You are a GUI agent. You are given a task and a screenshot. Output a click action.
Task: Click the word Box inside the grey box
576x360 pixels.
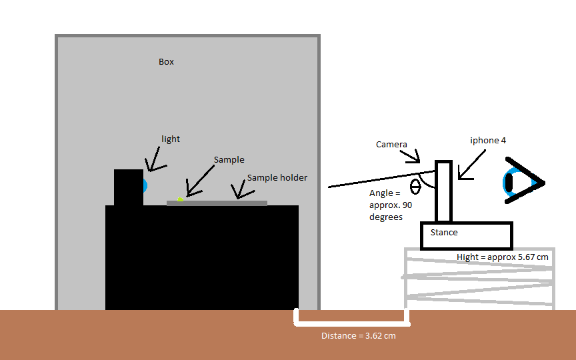coord(166,62)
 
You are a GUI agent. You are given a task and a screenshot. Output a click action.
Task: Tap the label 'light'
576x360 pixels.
coord(171,139)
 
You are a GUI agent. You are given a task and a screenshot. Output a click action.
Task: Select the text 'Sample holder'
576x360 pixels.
coord(277,178)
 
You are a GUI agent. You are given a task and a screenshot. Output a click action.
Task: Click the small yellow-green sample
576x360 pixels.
coord(180,199)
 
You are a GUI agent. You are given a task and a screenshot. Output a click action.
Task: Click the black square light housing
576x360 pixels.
coord(128,187)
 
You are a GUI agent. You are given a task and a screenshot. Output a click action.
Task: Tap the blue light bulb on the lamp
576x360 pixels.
coord(145,183)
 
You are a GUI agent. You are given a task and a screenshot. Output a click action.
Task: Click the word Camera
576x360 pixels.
coord(391,144)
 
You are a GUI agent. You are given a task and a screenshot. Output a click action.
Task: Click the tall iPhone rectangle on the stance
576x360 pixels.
coord(444,191)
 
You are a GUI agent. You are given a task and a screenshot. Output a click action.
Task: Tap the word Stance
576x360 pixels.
coord(444,232)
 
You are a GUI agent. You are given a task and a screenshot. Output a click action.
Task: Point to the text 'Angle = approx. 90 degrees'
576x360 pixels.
coord(391,205)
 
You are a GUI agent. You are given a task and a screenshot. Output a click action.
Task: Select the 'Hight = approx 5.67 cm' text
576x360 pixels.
coord(503,257)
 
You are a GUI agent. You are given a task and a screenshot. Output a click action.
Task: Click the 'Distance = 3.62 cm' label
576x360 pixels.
coord(358,335)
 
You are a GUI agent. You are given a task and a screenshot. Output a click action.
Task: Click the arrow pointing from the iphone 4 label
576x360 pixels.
coord(472,165)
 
